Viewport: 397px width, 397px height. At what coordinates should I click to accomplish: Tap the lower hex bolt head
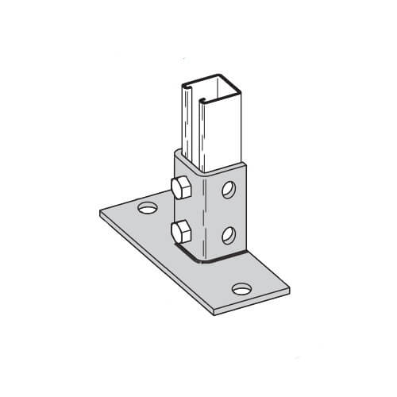pyautogui.click(x=179, y=233)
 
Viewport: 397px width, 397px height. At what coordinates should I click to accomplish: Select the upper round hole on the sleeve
pyautogui.click(x=229, y=190)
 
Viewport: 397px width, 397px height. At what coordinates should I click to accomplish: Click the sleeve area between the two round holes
pyautogui.click(x=229, y=212)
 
